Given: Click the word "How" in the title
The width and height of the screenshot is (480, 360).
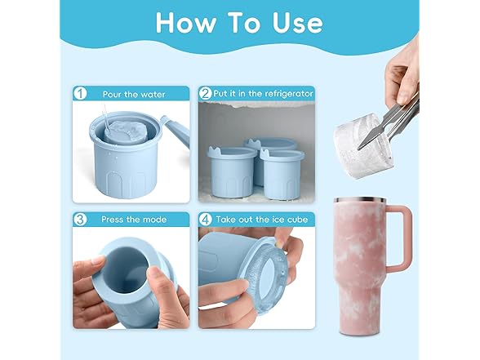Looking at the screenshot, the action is click(x=186, y=23).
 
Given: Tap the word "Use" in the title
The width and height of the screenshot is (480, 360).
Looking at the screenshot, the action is click(x=297, y=23).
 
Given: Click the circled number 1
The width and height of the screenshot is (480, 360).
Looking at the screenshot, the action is click(x=81, y=94).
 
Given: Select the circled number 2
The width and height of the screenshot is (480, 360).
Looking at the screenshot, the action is click(x=206, y=93).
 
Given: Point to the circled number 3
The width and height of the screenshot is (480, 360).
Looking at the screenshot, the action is click(x=81, y=219).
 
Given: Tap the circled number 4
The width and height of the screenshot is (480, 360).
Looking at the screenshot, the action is click(x=206, y=219).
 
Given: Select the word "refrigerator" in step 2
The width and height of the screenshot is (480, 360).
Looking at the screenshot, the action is click(x=289, y=94).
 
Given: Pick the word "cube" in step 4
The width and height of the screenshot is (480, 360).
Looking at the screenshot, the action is click(x=297, y=220).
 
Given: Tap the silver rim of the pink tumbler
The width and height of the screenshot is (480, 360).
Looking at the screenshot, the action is click(x=359, y=200).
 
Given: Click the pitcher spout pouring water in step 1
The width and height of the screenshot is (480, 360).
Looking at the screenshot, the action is click(x=176, y=131).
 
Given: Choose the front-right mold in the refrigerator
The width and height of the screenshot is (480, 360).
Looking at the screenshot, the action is click(x=282, y=174).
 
